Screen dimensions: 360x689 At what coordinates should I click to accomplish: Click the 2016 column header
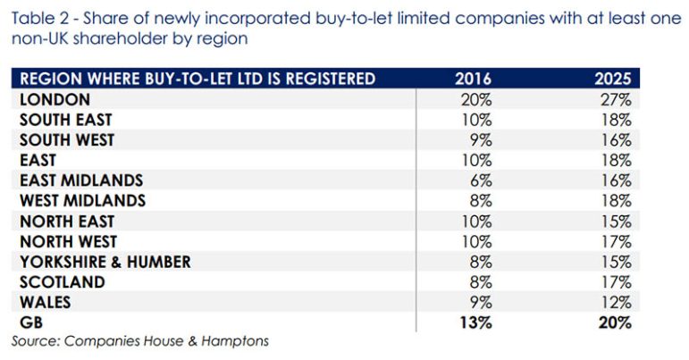[x=474, y=80]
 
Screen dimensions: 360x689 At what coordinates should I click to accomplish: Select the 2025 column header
[x=613, y=80]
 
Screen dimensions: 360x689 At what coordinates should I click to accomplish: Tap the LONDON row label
[x=55, y=99]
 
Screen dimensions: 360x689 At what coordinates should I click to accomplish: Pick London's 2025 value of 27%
[x=616, y=99]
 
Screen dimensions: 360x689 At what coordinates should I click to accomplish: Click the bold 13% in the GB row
[x=475, y=323]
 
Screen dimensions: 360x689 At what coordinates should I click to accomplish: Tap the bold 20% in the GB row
[x=615, y=323]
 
